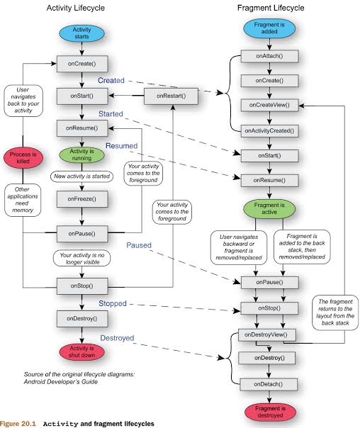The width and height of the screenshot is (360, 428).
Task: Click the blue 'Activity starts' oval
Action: pos(81,33)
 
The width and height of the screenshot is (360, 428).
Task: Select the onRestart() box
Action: pos(171,96)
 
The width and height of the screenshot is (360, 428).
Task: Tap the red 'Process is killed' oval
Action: pos(23,158)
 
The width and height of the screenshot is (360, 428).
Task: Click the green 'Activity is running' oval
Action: pos(81,154)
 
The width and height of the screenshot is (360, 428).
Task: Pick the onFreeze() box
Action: pos(82,199)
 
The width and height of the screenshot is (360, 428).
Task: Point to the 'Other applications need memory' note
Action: pos(23,200)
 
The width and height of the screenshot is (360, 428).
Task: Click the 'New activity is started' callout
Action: pos(81,176)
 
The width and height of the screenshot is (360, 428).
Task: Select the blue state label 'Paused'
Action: pos(139,245)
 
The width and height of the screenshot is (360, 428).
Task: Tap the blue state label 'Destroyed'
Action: pos(117,338)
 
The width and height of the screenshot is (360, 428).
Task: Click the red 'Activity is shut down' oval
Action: pos(81,351)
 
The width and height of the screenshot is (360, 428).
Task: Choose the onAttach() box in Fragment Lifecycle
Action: pos(269,56)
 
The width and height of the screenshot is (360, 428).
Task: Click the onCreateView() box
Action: pos(269,105)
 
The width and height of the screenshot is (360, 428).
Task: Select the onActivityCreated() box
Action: pos(269,131)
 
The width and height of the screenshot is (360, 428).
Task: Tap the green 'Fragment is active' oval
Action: pos(269,208)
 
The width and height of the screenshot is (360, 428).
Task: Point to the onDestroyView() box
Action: pos(266,335)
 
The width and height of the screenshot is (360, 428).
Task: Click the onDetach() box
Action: pos(269,384)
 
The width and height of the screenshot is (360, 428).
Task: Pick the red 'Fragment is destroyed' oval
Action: pos(270,412)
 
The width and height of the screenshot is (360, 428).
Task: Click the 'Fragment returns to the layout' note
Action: pos(335,312)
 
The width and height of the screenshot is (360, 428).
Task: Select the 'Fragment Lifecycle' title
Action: pos(271,8)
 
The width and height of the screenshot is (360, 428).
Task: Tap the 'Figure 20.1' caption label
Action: pos(18,424)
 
